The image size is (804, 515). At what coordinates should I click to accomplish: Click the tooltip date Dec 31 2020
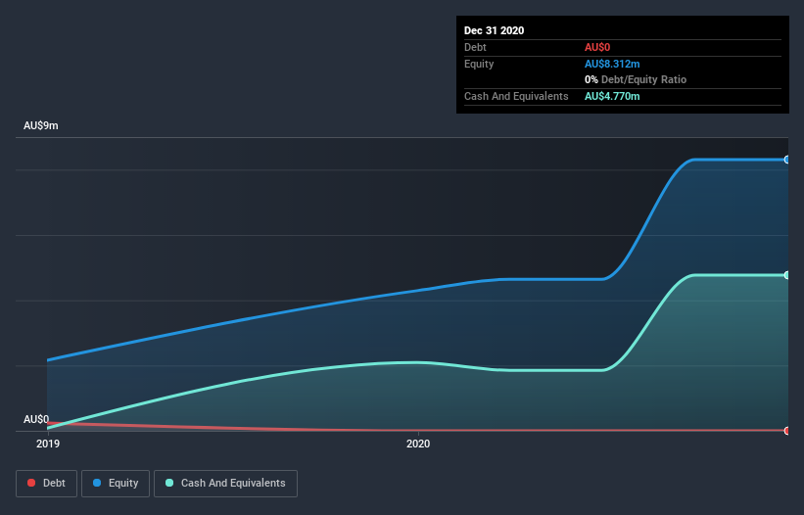[494, 30]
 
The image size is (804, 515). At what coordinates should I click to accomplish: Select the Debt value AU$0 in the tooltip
[598, 47]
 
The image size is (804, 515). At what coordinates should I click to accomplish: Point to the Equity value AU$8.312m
[613, 64]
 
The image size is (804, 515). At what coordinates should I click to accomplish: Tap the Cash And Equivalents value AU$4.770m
[613, 96]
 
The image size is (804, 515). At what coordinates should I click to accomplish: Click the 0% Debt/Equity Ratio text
[636, 79]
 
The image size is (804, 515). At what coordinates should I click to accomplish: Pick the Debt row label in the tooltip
[475, 47]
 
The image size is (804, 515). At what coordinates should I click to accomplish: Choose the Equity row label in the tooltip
[478, 64]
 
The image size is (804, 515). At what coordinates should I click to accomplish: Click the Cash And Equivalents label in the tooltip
[516, 96]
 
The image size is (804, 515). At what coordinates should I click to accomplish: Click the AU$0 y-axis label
[37, 419]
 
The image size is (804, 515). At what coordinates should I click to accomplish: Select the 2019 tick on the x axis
[47, 444]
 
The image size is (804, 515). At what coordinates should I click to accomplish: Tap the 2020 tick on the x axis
[418, 444]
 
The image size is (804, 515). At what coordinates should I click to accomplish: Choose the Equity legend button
[116, 483]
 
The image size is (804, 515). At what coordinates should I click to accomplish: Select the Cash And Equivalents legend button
[225, 483]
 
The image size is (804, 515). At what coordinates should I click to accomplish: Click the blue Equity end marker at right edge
[787, 160]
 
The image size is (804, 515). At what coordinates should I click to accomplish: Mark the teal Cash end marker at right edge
[787, 275]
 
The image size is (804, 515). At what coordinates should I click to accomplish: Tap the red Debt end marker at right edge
[787, 431]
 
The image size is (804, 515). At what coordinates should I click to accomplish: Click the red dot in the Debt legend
[32, 483]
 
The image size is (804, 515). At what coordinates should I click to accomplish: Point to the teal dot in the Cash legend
[170, 483]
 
